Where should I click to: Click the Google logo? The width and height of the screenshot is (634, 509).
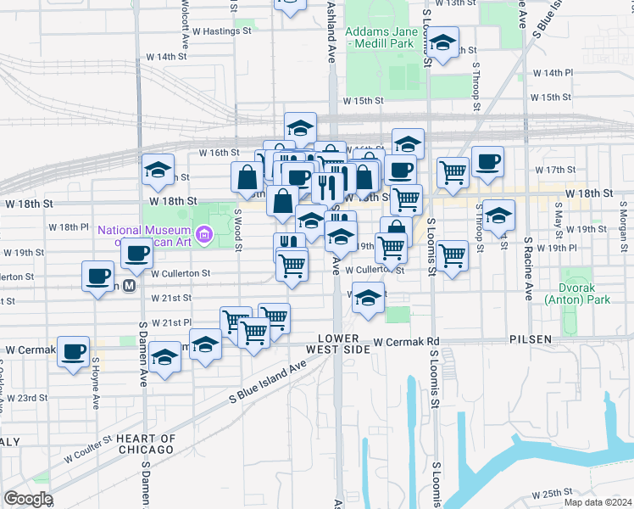point(28,499)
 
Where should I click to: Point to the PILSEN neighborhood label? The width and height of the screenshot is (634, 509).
point(530,339)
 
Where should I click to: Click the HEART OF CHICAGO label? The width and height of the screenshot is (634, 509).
point(147,444)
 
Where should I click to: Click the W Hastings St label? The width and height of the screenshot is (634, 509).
point(222,31)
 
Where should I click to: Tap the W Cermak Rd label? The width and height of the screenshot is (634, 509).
point(409,342)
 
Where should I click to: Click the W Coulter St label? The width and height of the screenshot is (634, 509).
point(88,449)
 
